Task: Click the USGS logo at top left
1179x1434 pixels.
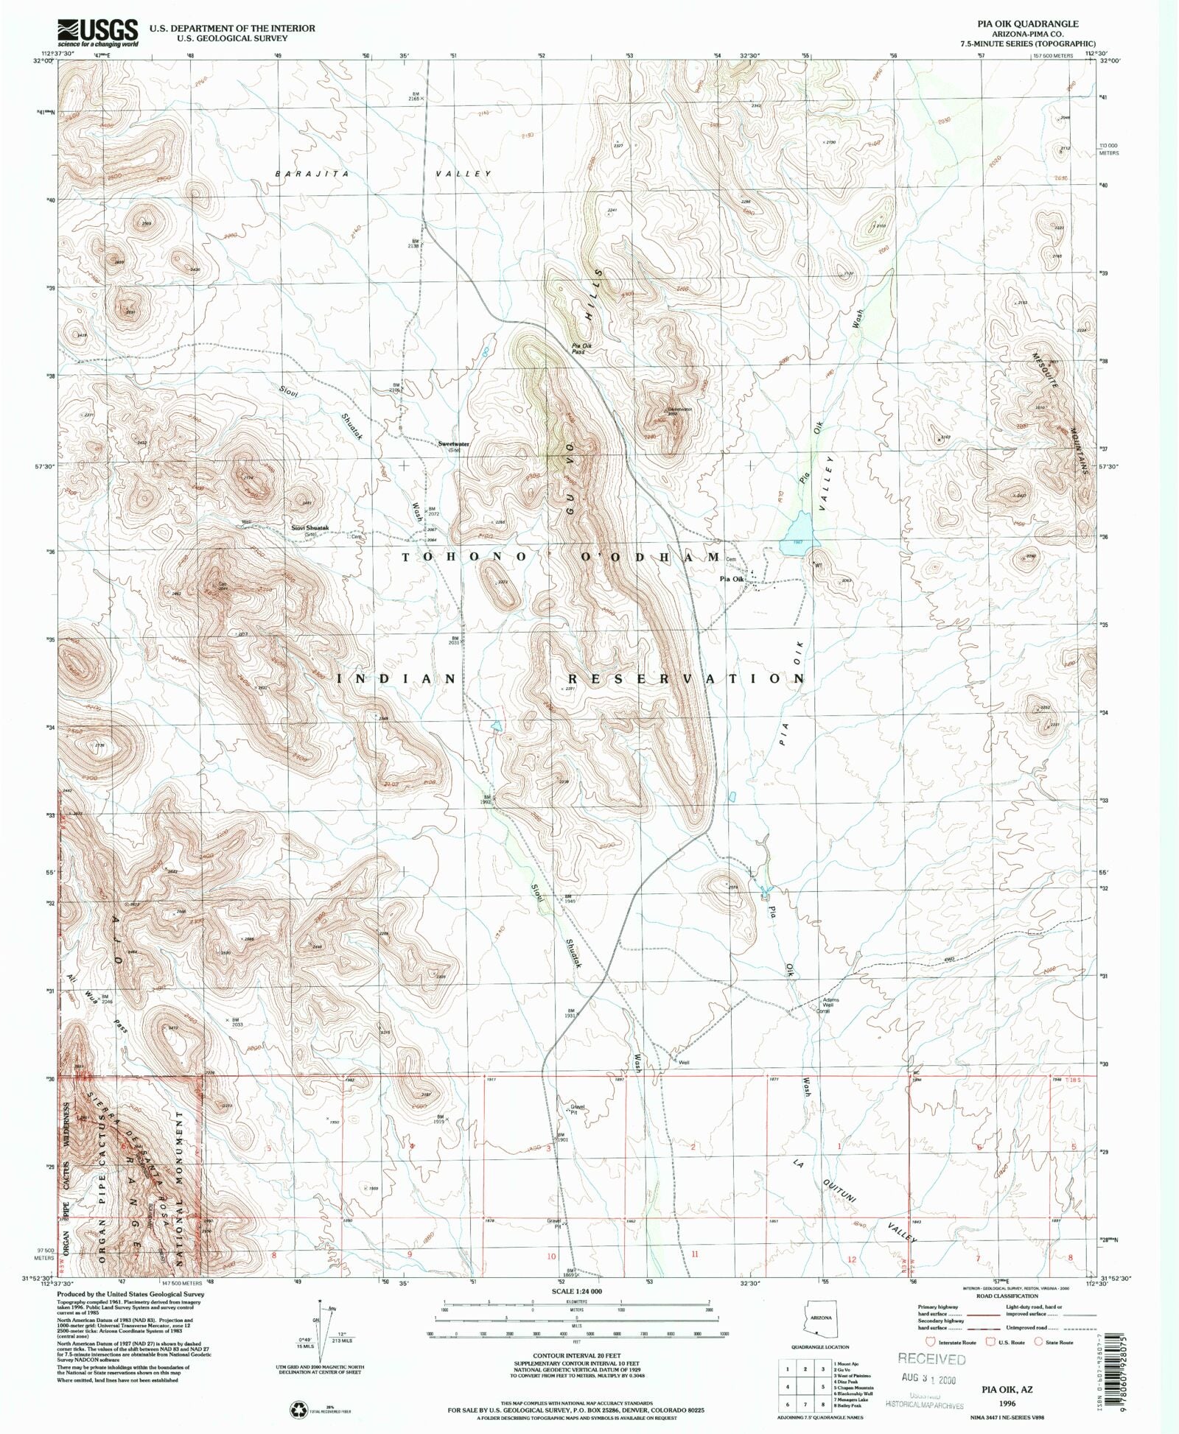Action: point(98,32)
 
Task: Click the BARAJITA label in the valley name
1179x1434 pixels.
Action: point(310,174)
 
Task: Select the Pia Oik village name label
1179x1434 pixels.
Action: point(732,580)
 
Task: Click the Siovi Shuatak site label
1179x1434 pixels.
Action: point(309,528)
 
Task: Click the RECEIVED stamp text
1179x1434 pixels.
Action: point(931,1359)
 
